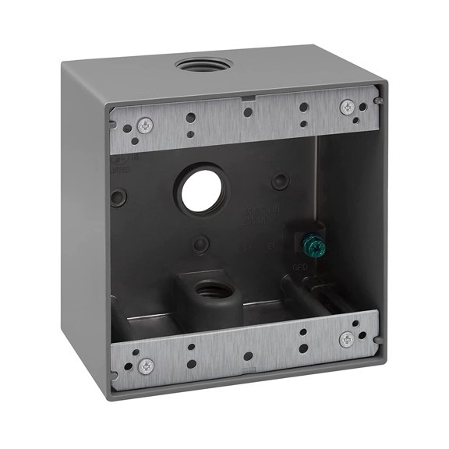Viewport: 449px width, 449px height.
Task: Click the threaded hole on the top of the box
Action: [x=196, y=65]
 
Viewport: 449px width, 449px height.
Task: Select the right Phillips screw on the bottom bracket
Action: [x=345, y=338]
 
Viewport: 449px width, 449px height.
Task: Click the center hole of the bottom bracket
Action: [x=247, y=356]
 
